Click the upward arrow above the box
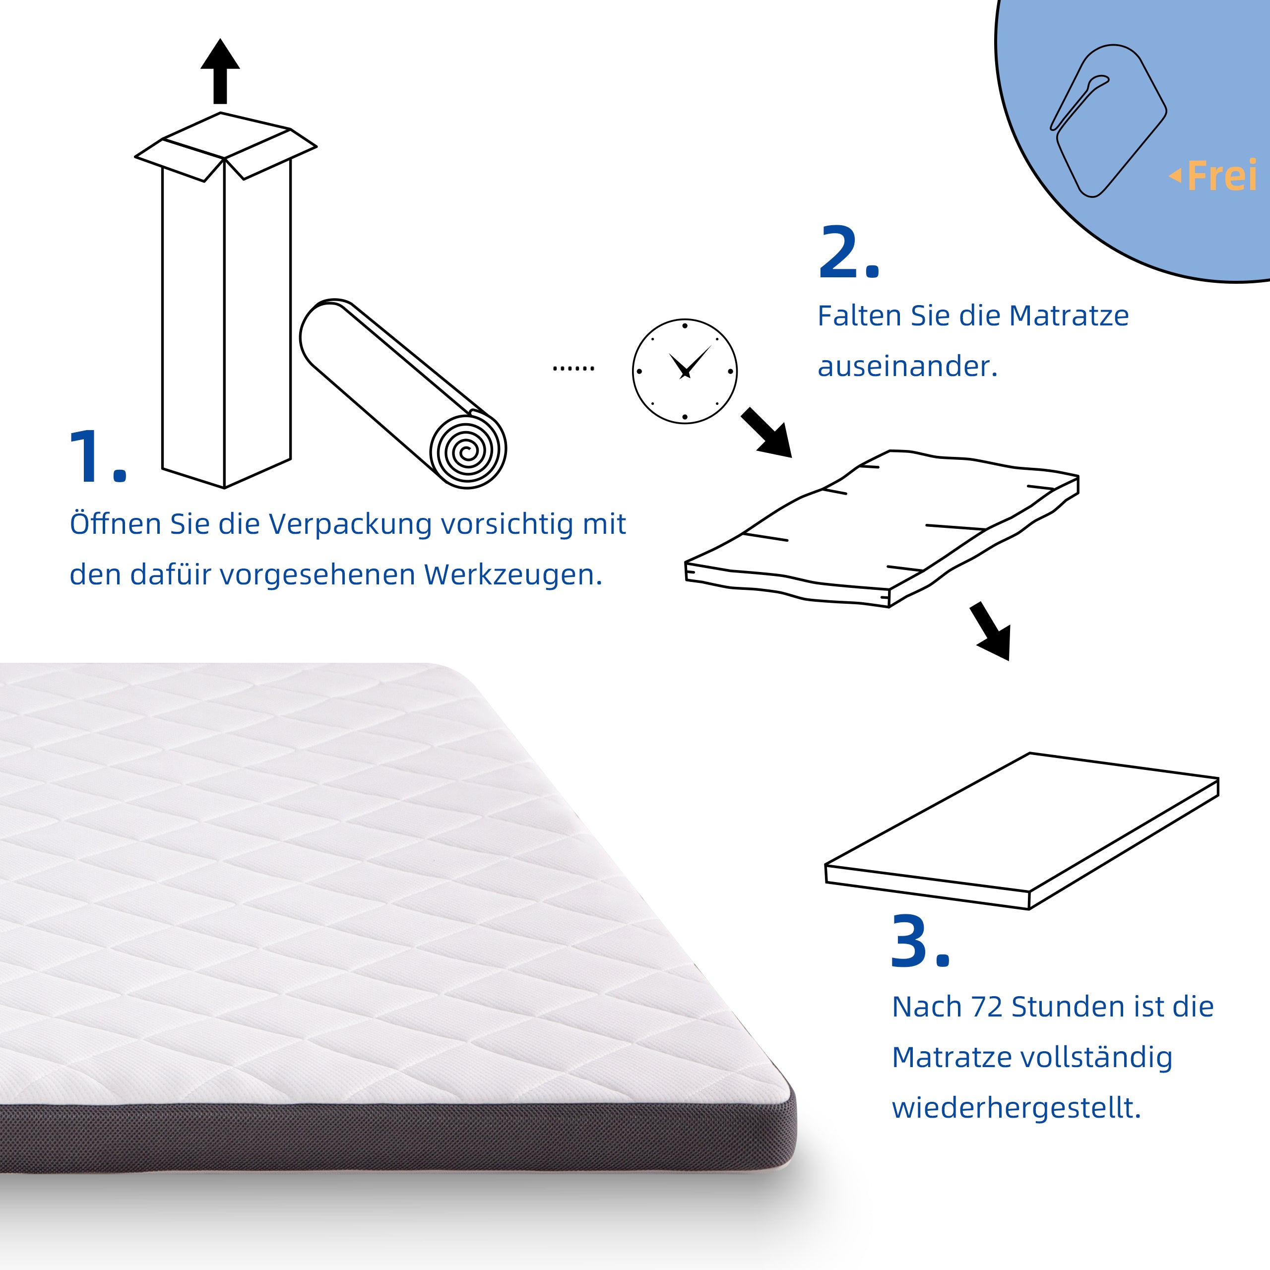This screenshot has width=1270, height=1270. (x=220, y=71)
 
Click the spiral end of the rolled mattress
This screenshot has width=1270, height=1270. (x=467, y=451)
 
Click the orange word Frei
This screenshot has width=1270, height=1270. (x=1221, y=176)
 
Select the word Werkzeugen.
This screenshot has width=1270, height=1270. (x=513, y=575)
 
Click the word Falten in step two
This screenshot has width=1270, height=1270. (x=859, y=316)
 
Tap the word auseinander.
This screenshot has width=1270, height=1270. (x=907, y=367)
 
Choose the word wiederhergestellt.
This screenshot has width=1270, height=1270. (x=1016, y=1108)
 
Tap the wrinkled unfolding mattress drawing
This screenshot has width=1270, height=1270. (x=881, y=526)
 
